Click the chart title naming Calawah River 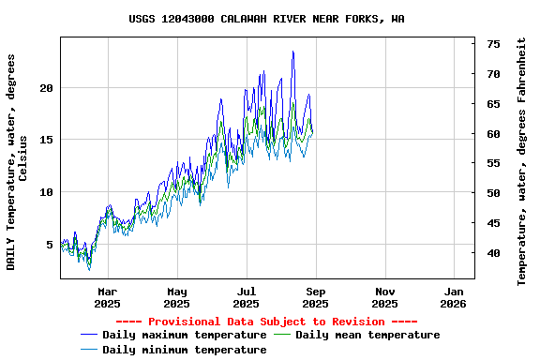pyautogui.click(x=267, y=19)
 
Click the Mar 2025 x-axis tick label pyautogui.click(x=107, y=297)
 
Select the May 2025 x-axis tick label pyautogui.click(x=176, y=297)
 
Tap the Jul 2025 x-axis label pyautogui.click(x=246, y=297)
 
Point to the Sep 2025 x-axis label pyautogui.click(x=315, y=297)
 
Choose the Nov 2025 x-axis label pyautogui.click(x=384, y=297)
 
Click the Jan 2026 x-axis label pyautogui.click(x=454, y=297)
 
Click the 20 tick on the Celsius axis pyautogui.click(x=46, y=88)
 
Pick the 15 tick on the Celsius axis pyautogui.click(x=46, y=140)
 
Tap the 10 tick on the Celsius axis pyautogui.click(x=46, y=192)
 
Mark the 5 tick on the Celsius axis pyautogui.click(x=50, y=245)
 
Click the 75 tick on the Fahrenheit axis pyautogui.click(x=493, y=44)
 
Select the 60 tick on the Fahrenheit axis pyautogui.click(x=493, y=134)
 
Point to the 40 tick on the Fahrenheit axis pyautogui.click(x=493, y=253)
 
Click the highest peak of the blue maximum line pyautogui.click(x=293, y=52)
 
